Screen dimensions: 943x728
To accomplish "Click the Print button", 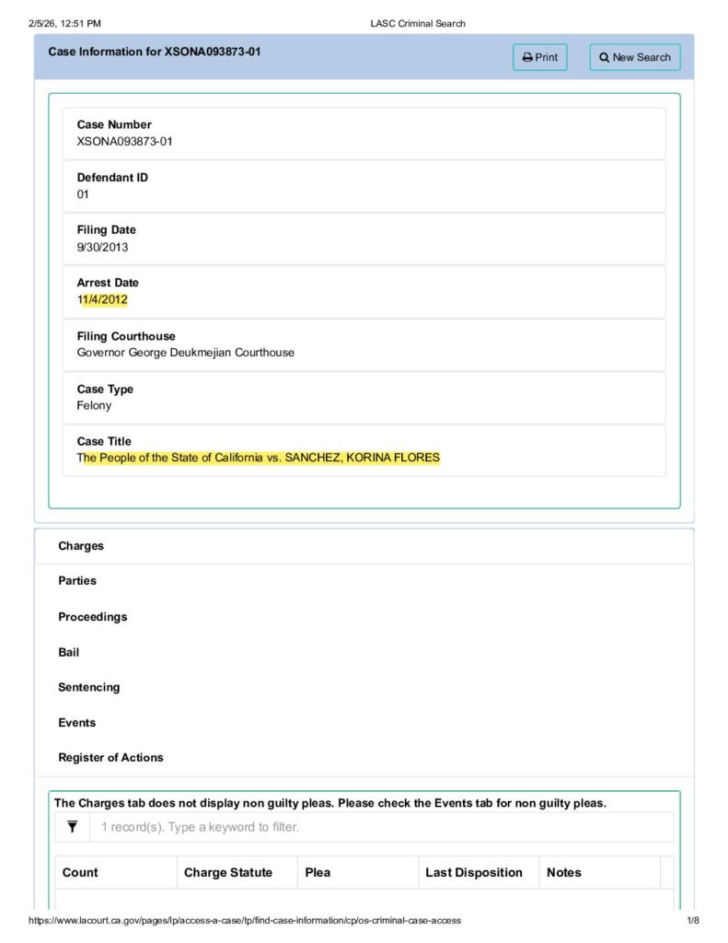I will point(540,57).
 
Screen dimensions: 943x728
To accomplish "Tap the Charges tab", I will point(81,546).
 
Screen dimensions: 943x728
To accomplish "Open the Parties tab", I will point(77,581).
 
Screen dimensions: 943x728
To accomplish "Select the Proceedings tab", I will point(92,617).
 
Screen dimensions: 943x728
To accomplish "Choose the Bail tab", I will point(69,652).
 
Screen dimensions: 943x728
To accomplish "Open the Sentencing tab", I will point(88,687).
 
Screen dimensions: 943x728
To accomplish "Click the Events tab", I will point(76,723).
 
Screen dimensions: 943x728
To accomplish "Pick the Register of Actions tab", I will point(110,758).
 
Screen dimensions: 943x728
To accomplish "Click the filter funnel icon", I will point(72,827).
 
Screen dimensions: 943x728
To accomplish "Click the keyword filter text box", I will point(381,827).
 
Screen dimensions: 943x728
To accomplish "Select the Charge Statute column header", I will point(228,872).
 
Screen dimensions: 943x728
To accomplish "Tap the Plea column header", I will point(318,872).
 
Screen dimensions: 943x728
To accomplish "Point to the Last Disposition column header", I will point(473,872).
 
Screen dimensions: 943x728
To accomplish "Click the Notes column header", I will point(563,872).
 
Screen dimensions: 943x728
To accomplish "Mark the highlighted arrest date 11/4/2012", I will point(102,300).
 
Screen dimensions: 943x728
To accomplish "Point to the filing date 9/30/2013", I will point(102,248).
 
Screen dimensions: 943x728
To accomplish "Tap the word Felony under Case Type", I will point(94,405).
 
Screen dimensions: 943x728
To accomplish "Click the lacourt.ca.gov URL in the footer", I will point(245,920).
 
